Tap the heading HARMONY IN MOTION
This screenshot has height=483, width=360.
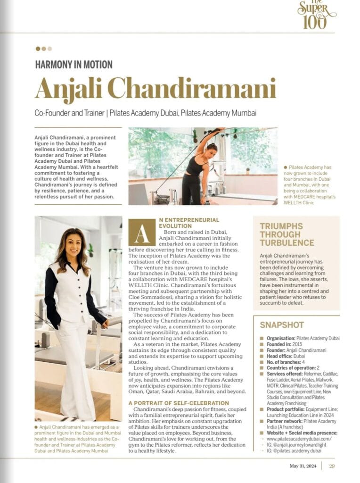(74, 65)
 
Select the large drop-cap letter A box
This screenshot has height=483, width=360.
(142, 233)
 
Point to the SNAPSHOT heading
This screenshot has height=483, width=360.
(282, 325)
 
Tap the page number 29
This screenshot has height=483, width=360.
(332, 466)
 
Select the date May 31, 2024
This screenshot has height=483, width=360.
(303, 466)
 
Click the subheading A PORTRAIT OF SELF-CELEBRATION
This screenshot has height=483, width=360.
(179, 403)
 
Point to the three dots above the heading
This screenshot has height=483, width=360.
(44, 49)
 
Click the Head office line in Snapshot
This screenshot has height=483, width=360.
(286, 356)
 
